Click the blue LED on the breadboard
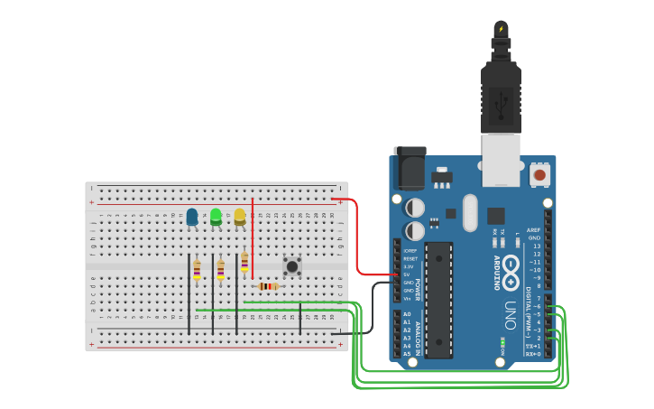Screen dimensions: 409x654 pos(192,217)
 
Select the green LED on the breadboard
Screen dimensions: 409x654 pos(216,217)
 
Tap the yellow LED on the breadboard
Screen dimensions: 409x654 pos(240,217)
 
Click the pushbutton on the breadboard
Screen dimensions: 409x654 pos(291,266)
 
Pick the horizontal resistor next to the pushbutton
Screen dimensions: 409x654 pos(268,287)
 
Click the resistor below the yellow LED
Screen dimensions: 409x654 pos(244,262)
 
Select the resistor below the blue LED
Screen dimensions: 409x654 pos(197,269)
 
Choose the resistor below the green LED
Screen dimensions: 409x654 pos(220,269)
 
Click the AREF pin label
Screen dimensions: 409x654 pos(534,230)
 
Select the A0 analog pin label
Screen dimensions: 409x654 pos(407,314)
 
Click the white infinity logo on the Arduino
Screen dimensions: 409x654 pos(511,268)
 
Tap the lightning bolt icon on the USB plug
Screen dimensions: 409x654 pos(502,29)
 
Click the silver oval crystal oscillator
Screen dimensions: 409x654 pos(469,213)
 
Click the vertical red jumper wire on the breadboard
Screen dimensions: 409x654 pos(253,239)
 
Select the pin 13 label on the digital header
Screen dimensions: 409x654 pos(537,246)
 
